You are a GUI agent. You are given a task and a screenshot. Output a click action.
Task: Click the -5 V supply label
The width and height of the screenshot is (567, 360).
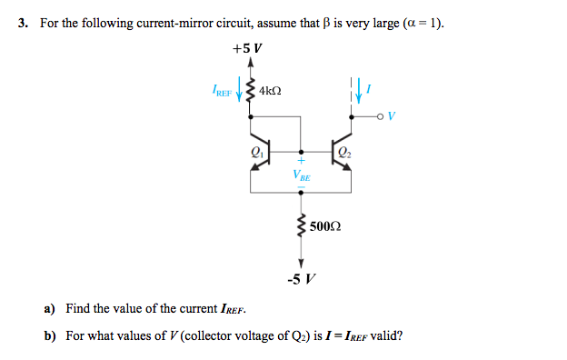300,278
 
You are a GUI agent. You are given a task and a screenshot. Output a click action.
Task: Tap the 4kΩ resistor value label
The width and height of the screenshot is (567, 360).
270,92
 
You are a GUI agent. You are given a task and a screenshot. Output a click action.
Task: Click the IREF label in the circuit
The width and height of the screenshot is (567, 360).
221,91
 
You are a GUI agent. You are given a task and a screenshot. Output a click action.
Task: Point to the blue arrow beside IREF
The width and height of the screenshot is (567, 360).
240,92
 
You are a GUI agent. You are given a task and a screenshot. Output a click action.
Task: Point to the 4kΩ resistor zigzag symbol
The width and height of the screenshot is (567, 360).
251,91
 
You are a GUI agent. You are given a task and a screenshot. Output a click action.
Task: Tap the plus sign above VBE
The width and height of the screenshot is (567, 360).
300,164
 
